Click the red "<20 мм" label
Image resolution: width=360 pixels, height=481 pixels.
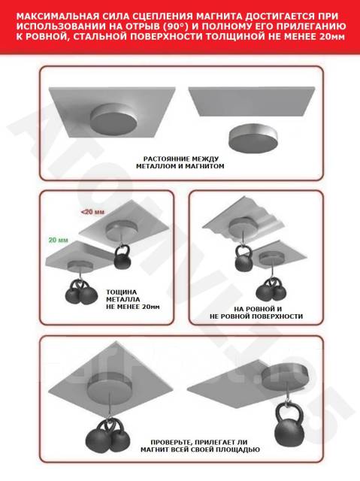(92, 212)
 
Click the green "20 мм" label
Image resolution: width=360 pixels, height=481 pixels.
(59, 240)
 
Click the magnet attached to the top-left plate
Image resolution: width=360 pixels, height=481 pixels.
(113, 119)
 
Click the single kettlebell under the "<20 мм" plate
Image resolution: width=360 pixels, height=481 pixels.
(123, 256)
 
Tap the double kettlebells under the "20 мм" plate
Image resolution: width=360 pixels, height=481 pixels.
(81, 292)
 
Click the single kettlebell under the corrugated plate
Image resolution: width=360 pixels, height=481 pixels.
(244, 259)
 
